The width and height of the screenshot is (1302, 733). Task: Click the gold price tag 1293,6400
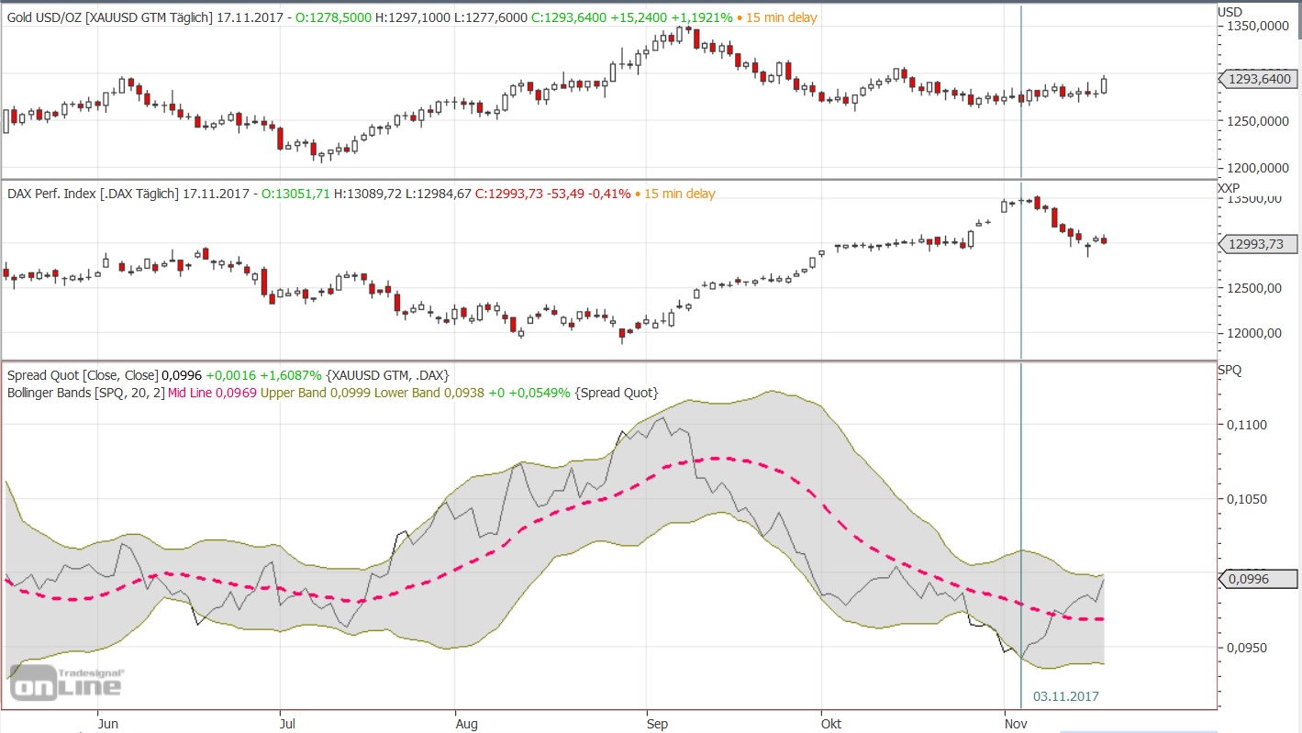pos(1256,79)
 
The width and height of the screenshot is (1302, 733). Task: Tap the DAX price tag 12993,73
pos(1256,243)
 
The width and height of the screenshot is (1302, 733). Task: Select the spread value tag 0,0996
pos(1256,579)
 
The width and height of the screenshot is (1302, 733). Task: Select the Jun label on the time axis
pos(107,723)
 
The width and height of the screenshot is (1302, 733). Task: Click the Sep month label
pos(657,723)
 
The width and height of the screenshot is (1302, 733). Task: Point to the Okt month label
pos(831,723)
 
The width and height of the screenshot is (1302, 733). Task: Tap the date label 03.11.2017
pos(1065,696)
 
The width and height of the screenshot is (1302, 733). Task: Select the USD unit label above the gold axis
pos(1230,11)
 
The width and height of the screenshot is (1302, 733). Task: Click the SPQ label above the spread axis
pos(1230,370)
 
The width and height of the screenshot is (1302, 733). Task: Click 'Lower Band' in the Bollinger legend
pos(410,393)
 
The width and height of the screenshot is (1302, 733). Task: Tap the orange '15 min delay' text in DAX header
pos(679,194)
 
